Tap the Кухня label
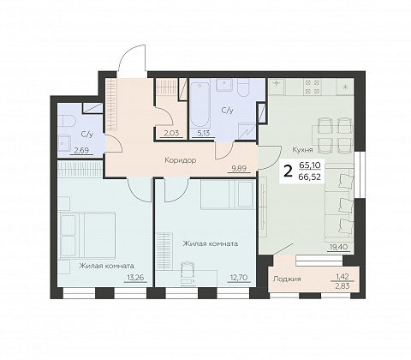click(302, 150)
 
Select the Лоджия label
click(287, 279)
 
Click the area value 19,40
click(338, 247)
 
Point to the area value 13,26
click(135, 277)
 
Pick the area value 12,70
click(239, 277)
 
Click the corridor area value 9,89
click(239, 168)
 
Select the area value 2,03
click(171, 133)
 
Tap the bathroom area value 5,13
click(203, 133)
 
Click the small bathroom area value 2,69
click(81, 150)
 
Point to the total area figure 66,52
click(309, 177)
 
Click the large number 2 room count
click(289, 171)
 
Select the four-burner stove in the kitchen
click(313, 87)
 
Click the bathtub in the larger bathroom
click(200, 105)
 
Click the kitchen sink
click(277, 87)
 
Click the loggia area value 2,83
click(342, 286)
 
